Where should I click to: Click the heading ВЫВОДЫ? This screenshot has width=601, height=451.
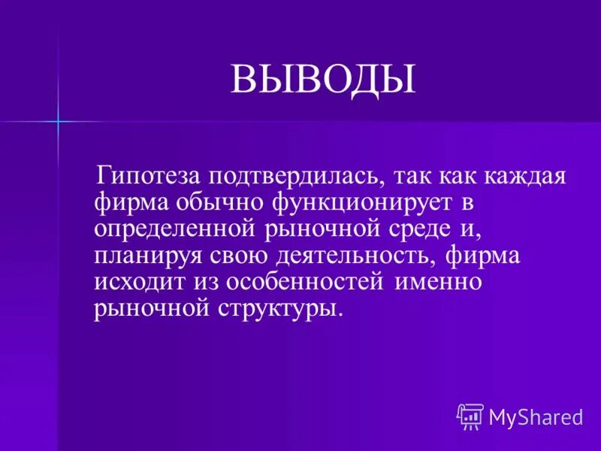(x=322, y=80)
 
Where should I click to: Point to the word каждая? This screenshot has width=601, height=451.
(x=526, y=177)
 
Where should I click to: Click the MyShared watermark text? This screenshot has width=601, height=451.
(x=536, y=416)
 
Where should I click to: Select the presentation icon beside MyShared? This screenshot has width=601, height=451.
(x=470, y=416)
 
